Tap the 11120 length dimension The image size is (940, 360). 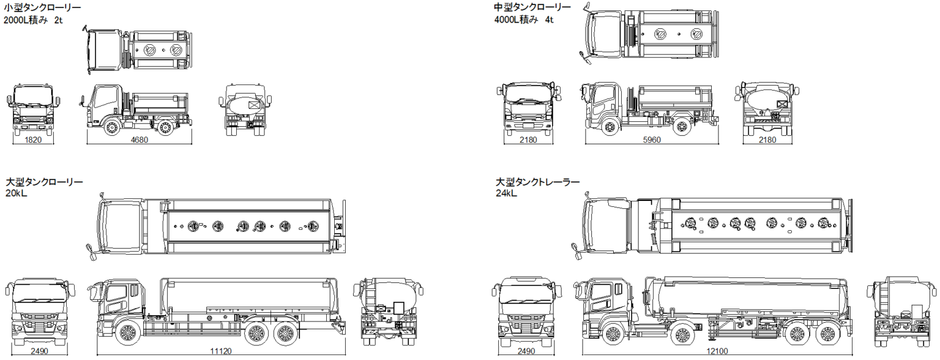tap(221, 351)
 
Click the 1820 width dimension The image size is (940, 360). tap(34, 140)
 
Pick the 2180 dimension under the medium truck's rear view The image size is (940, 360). tap(767, 140)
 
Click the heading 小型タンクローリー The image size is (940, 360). tap(42, 8)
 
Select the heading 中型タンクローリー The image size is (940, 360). tap(532, 7)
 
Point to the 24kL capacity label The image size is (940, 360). tap(507, 193)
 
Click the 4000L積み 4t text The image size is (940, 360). tap(524, 19)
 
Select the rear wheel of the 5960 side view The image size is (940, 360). tap(681, 127)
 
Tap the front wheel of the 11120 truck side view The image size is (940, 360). tap(127, 334)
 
